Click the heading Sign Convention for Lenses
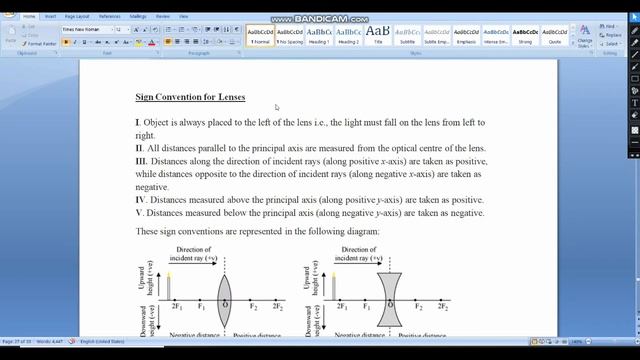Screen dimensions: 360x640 point(190,98)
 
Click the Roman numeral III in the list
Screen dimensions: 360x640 point(142,160)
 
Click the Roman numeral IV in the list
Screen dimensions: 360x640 point(142,199)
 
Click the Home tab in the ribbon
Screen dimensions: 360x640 point(30,16)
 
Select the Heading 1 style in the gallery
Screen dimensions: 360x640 point(319,36)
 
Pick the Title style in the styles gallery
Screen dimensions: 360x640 point(377,36)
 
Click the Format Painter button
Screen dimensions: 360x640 point(41,44)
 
